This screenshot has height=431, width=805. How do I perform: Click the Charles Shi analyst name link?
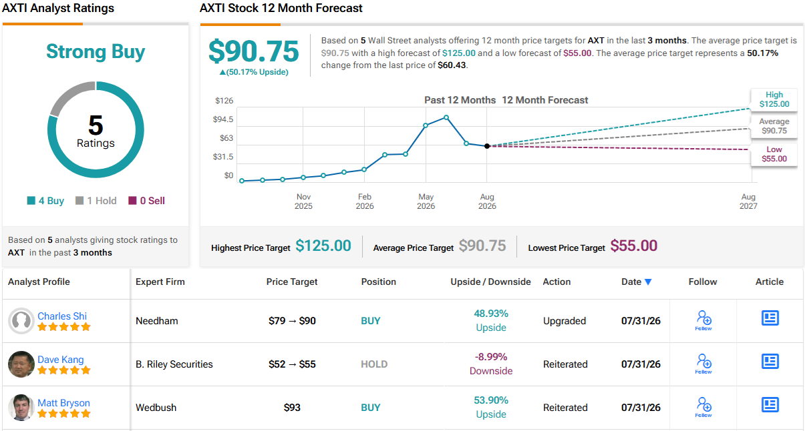62,316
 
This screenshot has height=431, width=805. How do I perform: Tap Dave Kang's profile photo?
21,364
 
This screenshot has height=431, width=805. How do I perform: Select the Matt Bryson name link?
63,403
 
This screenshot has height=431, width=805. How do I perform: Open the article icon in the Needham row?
770,318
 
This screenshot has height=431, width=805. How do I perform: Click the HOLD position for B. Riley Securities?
374,364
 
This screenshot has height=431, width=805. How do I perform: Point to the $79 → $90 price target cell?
292,321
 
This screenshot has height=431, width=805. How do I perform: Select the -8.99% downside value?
491,357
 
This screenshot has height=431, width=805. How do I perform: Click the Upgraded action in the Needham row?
565,321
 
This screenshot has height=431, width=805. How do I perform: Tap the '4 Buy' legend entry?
45,201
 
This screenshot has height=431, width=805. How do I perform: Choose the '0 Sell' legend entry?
146,201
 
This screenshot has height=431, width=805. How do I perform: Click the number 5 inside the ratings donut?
96,125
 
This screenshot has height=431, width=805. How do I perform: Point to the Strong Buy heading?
96,51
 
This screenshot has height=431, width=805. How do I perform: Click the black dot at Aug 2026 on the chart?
487,146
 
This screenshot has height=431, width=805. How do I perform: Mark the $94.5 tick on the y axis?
223,119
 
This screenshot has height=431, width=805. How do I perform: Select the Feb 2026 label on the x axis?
364,201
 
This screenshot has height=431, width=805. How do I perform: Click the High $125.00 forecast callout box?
774,99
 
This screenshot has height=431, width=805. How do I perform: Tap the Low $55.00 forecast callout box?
774,154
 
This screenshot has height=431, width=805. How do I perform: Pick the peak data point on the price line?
446,117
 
